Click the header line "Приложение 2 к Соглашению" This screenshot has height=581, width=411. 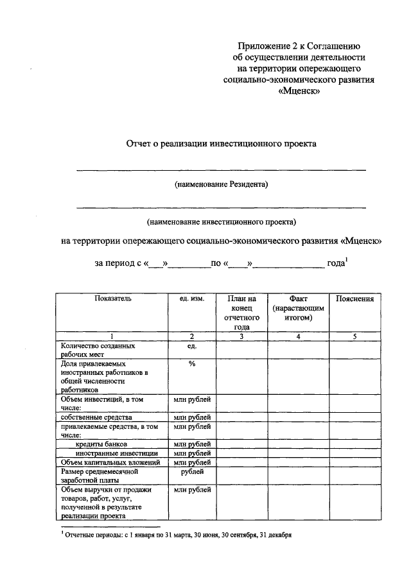tap(299, 46)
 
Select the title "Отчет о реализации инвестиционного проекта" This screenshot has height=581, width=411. tap(221, 144)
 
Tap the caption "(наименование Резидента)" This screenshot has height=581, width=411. tap(221, 185)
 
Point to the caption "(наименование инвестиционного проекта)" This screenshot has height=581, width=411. tap(221, 223)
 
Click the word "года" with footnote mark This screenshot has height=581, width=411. tap(337, 263)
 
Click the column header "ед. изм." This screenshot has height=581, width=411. tap(191, 299)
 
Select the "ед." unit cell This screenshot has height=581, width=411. tap(191, 346)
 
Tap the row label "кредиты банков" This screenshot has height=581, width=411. tap(103, 444)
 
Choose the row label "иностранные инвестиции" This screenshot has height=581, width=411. tap(109, 453)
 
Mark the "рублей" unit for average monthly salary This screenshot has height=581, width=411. tap(191, 472)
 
